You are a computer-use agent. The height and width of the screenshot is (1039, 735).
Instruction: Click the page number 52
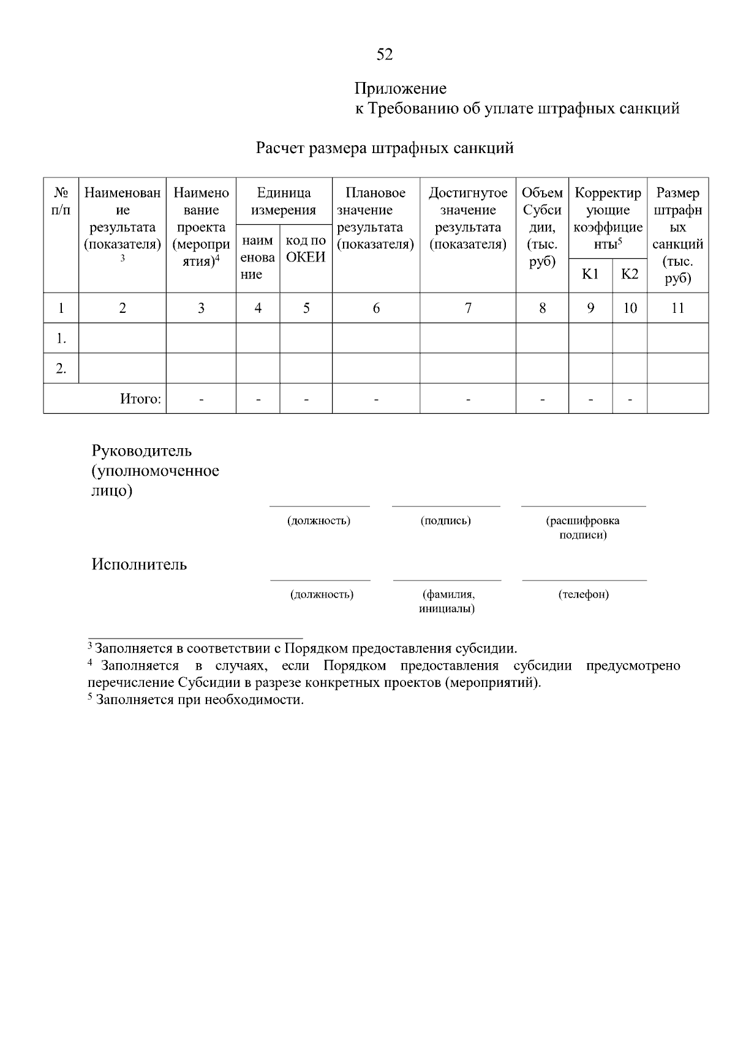point(384,54)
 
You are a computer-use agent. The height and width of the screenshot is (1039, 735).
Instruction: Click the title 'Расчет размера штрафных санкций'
point(384,148)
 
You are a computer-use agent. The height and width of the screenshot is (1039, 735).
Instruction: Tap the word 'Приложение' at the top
point(401,89)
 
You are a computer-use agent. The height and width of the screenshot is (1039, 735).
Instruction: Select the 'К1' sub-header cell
point(590,274)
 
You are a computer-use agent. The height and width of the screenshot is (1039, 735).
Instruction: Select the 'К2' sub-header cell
point(630,274)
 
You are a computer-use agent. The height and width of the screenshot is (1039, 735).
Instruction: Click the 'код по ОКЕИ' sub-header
point(306,249)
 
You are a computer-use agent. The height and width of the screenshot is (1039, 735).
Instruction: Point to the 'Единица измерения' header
point(284,201)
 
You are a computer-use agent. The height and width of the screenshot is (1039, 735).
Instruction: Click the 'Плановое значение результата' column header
point(375,219)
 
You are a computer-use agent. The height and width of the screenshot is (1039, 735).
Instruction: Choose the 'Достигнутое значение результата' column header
point(468,219)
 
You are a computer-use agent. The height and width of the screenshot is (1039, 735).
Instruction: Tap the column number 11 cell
point(677,308)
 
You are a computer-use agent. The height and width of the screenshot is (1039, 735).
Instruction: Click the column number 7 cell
point(468,308)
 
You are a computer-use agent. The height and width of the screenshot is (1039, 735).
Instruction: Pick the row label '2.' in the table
point(61,369)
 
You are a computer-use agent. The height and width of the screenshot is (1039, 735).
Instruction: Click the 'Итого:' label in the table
point(140,399)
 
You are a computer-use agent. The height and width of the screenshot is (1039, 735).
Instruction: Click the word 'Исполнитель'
point(139,564)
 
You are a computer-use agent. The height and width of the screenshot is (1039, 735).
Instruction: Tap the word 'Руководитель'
point(141,451)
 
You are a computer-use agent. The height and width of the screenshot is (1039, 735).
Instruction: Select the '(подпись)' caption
point(445,521)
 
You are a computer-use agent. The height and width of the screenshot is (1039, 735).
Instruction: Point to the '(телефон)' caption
point(583,595)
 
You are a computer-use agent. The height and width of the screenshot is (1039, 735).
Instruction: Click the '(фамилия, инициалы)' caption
point(447,601)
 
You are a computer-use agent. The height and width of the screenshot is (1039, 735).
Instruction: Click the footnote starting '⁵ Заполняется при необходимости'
point(196,700)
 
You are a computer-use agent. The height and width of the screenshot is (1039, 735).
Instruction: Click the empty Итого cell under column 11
point(677,399)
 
